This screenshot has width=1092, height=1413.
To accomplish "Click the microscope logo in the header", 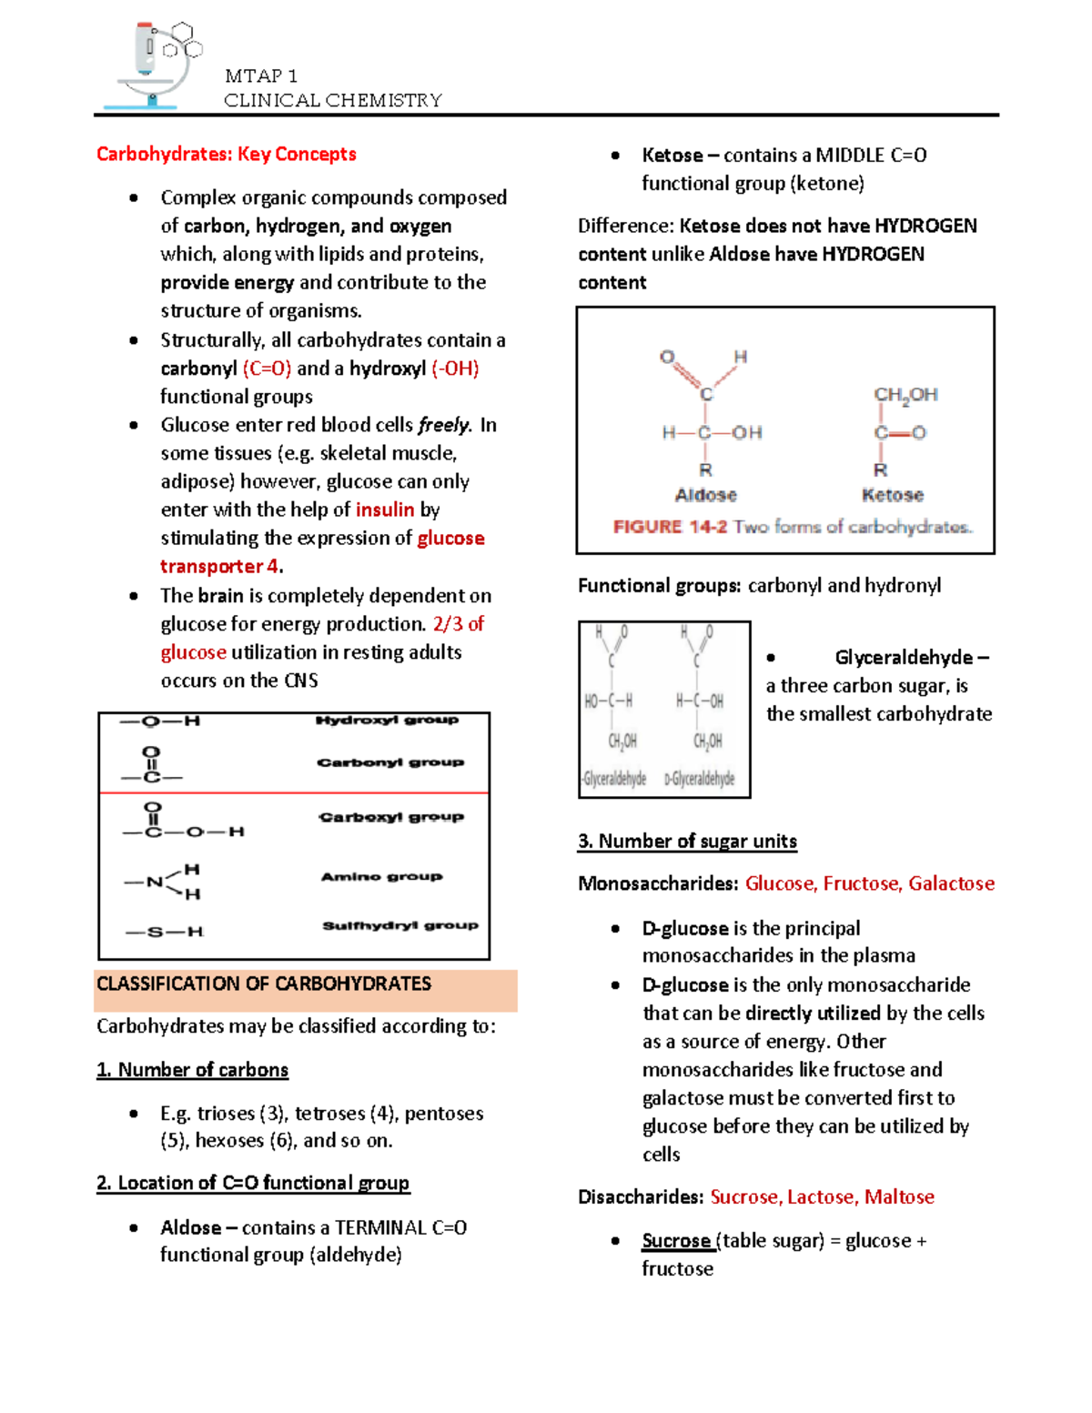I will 153,66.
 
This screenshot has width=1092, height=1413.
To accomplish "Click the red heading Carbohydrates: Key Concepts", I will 226,154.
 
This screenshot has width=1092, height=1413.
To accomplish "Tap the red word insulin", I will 385,510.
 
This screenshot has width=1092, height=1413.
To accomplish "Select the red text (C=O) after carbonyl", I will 267,368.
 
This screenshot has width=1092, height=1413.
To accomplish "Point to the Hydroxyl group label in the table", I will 387,721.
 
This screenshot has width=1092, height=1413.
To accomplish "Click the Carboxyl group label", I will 391,817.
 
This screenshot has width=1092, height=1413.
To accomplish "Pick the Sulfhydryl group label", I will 399,925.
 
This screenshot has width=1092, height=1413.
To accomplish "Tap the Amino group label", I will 381,876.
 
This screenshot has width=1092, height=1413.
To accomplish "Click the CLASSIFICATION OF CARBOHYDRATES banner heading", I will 264,984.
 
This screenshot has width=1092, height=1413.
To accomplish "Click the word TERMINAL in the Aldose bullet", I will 380,1227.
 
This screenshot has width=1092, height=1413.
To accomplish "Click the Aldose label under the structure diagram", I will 705,495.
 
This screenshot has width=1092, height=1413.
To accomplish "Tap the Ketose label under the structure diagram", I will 892,495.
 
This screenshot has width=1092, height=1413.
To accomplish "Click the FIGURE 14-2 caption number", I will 670,527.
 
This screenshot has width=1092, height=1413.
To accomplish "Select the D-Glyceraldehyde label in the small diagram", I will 699,779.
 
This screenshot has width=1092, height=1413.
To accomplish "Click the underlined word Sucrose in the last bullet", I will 676,1241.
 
